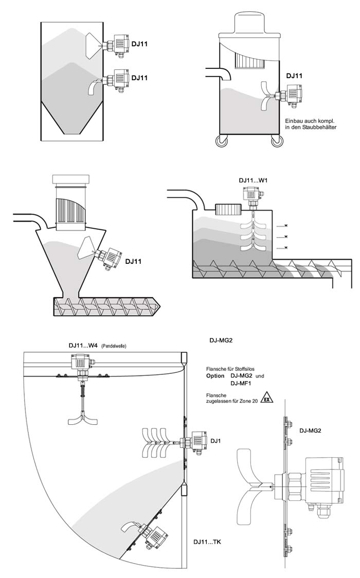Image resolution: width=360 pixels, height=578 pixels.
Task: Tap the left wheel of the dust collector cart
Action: click(222, 141)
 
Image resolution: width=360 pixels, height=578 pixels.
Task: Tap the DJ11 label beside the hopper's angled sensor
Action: click(133, 262)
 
